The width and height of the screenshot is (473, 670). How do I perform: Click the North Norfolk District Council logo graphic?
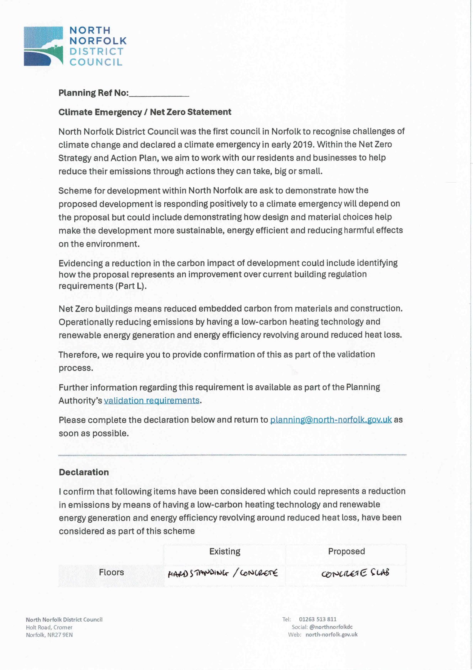(x=43, y=46)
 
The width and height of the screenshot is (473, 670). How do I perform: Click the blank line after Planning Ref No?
(x=159, y=94)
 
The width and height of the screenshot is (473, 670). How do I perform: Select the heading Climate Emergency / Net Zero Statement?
(x=145, y=112)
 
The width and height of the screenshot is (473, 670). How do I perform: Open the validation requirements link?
(x=152, y=401)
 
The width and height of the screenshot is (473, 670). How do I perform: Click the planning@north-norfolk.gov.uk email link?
(x=331, y=420)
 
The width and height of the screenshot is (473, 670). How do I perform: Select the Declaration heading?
(x=84, y=472)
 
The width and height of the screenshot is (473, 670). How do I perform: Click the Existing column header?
(x=225, y=552)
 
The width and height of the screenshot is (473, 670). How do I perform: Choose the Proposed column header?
(x=346, y=552)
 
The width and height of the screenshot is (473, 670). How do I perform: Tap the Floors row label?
(x=111, y=572)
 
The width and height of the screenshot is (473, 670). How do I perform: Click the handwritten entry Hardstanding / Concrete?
(x=222, y=573)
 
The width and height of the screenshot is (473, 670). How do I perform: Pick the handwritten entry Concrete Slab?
(x=355, y=573)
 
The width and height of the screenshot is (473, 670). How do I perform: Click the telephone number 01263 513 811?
(x=318, y=619)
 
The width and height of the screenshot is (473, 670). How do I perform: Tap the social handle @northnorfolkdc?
(x=331, y=627)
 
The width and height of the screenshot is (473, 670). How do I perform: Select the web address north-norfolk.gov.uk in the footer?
(x=331, y=635)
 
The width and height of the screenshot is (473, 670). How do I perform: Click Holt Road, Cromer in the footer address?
(x=49, y=627)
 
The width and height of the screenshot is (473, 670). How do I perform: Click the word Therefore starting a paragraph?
(x=78, y=355)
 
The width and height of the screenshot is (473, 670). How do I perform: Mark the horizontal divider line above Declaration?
(x=232, y=455)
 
